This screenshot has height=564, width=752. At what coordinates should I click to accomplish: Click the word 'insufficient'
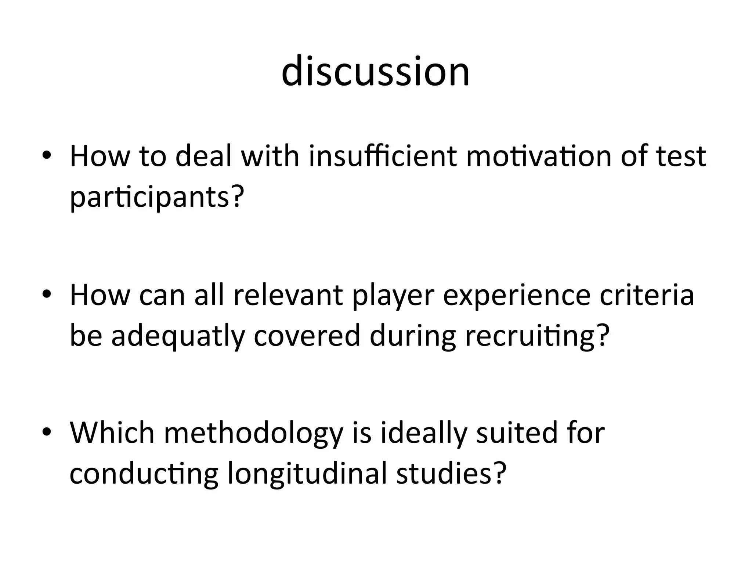[x=383, y=156]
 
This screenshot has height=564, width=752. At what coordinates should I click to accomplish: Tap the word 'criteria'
[x=647, y=295]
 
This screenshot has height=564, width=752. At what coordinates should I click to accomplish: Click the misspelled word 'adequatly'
[x=178, y=337]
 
